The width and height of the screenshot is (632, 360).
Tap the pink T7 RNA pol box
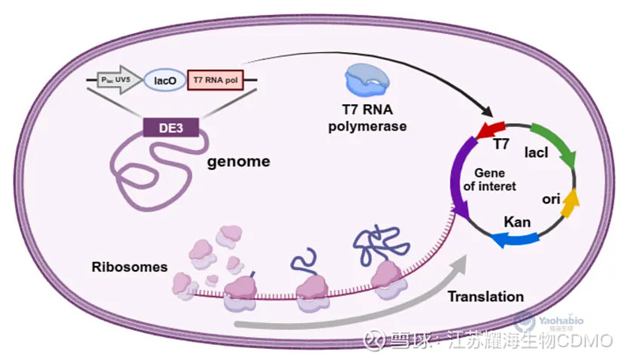click(221, 80)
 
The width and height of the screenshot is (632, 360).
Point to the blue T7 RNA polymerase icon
click(367, 81)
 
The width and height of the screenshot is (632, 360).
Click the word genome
click(238, 163)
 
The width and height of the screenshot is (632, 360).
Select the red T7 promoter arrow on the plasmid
click(491, 129)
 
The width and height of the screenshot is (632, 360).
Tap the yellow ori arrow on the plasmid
click(570, 203)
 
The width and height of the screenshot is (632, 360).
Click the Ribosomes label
click(129, 267)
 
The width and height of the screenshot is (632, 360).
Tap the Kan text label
click(517, 218)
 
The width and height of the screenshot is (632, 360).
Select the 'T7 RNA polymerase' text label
click(367, 118)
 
